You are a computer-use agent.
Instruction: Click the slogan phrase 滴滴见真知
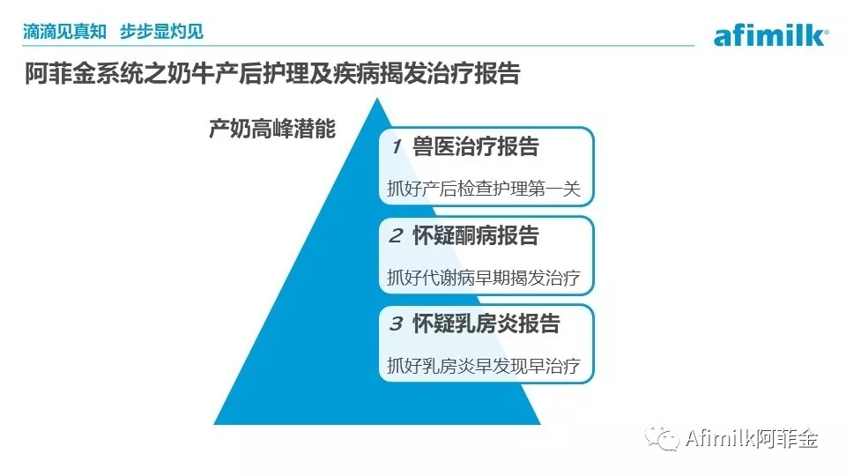64,32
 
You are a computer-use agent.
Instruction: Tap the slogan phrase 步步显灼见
161,32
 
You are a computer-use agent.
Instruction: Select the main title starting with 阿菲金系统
272,73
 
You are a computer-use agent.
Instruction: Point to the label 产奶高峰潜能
272,129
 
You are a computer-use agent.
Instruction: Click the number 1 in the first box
397,146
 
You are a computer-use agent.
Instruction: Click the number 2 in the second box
396,235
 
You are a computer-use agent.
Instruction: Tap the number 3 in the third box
396,324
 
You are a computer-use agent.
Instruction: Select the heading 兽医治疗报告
475,146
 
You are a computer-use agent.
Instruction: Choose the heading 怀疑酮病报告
475,235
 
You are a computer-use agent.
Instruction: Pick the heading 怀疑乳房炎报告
486,324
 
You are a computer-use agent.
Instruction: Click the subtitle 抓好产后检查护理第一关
484,189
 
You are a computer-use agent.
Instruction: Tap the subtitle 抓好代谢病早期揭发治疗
484,278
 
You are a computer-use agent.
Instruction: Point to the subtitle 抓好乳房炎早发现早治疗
484,366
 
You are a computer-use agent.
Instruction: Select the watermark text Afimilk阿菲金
752,438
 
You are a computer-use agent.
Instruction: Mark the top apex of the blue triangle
377,98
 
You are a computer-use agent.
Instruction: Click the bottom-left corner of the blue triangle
214,424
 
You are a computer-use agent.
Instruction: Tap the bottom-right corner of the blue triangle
540,424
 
